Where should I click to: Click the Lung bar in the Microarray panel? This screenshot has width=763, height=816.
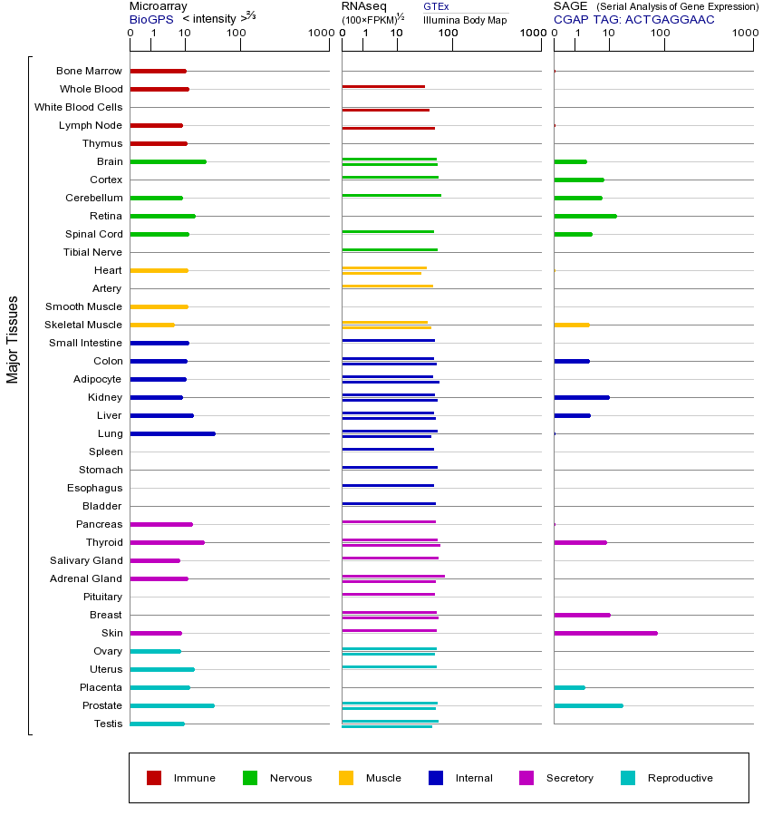(x=172, y=433)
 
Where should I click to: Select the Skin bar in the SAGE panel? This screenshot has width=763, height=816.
(x=605, y=633)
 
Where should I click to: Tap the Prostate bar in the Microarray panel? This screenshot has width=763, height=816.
(x=172, y=705)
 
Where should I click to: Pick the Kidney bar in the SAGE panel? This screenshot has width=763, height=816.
(x=581, y=397)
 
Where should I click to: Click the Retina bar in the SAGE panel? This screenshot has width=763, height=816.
(x=584, y=216)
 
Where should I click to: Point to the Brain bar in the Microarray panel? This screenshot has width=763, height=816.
(x=168, y=161)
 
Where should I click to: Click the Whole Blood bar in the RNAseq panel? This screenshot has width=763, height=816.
(x=383, y=86)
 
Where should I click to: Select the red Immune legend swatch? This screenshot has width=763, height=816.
(x=154, y=778)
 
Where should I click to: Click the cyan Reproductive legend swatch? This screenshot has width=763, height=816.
(x=628, y=778)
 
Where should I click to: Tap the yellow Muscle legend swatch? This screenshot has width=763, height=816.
(x=346, y=778)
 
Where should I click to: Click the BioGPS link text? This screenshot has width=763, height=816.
(x=151, y=19)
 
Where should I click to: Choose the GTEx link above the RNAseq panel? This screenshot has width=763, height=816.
(x=436, y=6)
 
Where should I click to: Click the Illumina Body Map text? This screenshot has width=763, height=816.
(x=465, y=20)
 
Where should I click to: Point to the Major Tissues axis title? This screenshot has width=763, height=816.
(x=13, y=339)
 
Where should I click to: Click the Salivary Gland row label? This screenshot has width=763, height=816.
(x=85, y=560)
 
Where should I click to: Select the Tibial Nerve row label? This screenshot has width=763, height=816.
(x=92, y=252)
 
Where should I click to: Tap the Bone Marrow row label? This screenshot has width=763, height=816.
(x=89, y=71)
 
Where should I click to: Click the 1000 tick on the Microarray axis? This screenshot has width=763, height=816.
(x=319, y=34)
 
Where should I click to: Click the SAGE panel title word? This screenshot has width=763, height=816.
(x=570, y=6)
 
